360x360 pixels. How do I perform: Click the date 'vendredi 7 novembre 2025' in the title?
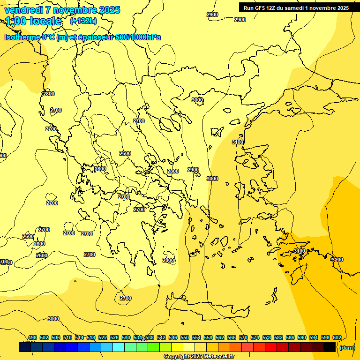[62, 10]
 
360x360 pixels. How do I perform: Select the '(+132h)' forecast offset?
[83, 21]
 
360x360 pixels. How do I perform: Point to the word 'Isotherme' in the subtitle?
[22, 37]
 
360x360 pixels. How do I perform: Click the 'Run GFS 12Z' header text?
[262, 8]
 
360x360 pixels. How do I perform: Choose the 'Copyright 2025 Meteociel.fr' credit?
[199, 357]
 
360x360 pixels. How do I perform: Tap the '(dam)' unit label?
[347, 347]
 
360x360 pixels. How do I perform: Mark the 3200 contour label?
[337, 260]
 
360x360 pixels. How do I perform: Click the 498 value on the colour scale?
[32, 337]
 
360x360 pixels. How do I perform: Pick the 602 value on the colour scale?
[337, 337]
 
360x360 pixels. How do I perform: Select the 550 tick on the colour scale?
[185, 337]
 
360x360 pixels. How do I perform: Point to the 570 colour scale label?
[243, 337]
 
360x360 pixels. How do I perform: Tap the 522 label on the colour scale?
[103, 337]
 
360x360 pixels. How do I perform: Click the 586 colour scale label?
[290, 337]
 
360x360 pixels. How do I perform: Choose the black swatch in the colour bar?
[330, 347]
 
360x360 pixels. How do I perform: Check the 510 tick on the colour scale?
[67, 337]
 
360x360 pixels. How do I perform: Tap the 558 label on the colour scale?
[208, 337]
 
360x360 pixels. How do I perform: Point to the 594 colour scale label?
[313, 337]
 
